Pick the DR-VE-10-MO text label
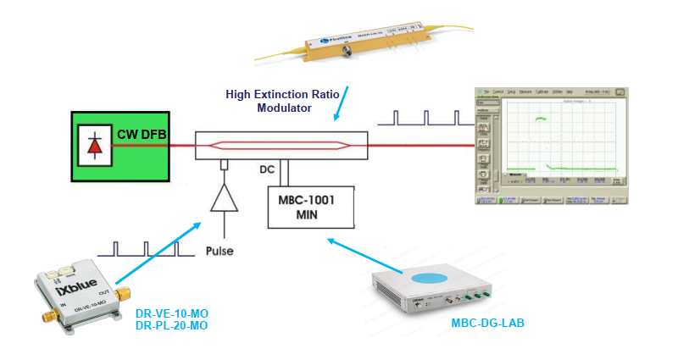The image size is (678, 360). coord(172,313)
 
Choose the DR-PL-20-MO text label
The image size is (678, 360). coord(172,325)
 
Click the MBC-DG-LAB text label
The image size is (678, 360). coord(487,324)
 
